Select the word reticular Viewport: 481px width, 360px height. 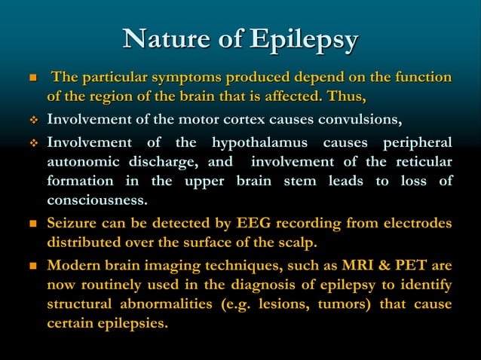pos(424,162)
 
